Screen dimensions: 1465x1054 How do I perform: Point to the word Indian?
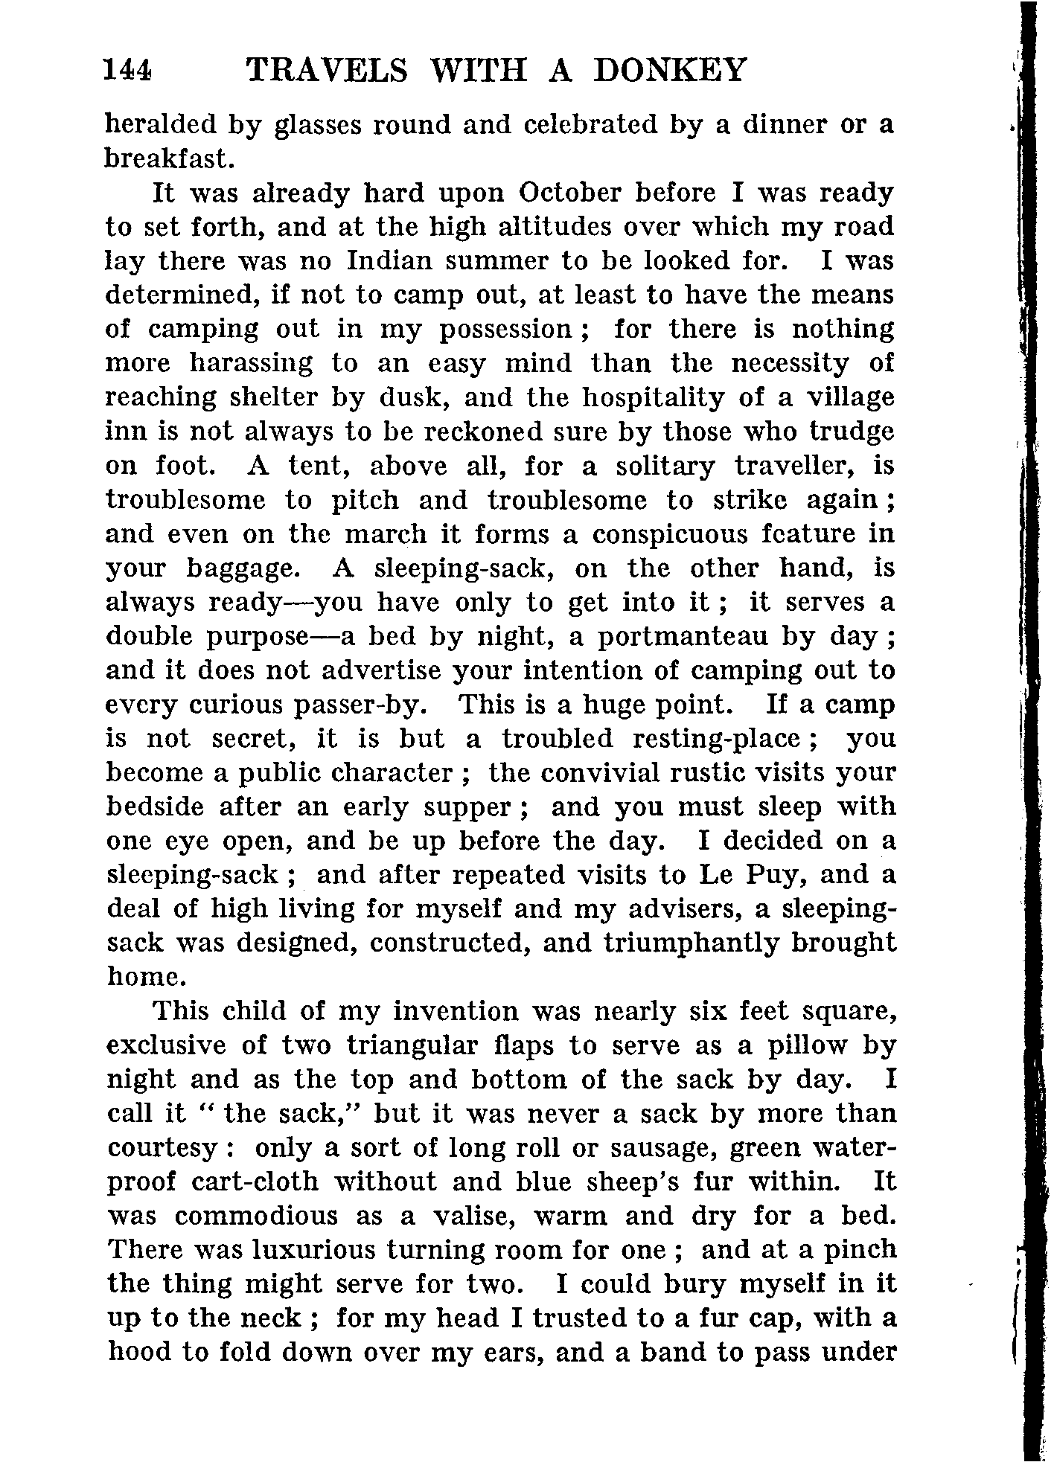390,261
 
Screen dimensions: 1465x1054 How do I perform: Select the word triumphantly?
689,943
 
